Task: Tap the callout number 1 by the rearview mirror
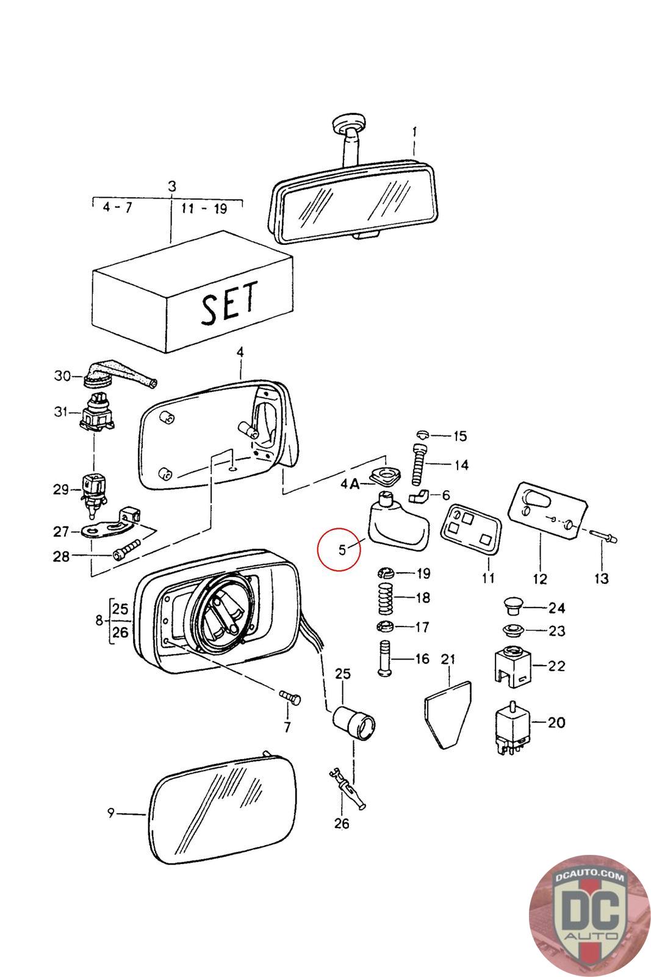tap(414, 131)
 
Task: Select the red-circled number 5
tap(342, 550)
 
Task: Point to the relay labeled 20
tap(512, 727)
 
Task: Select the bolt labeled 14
tap(420, 465)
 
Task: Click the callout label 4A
tap(350, 484)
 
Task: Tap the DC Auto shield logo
tap(589, 915)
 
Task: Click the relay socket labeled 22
tap(513, 666)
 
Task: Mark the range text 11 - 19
tap(204, 208)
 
